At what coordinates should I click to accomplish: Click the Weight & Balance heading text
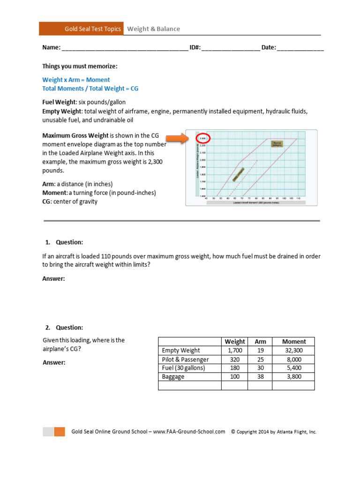click(x=154, y=29)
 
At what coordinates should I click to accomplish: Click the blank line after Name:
click(x=125, y=48)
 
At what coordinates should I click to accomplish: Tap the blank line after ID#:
click(x=231, y=48)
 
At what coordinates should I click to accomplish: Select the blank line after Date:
click(x=300, y=48)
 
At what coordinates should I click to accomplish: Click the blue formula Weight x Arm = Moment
click(x=76, y=80)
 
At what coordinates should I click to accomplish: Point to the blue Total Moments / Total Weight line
click(x=90, y=88)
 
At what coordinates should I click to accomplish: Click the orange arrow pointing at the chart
click(x=178, y=138)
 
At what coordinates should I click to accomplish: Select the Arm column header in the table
click(x=260, y=342)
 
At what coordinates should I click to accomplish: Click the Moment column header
click(x=294, y=342)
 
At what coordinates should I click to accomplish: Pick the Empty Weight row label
click(x=181, y=350)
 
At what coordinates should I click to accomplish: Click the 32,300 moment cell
click(x=294, y=350)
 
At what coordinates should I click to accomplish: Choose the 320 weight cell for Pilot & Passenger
click(x=234, y=360)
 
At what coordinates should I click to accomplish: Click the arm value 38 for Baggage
click(x=260, y=376)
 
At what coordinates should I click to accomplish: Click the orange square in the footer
click(x=60, y=432)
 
